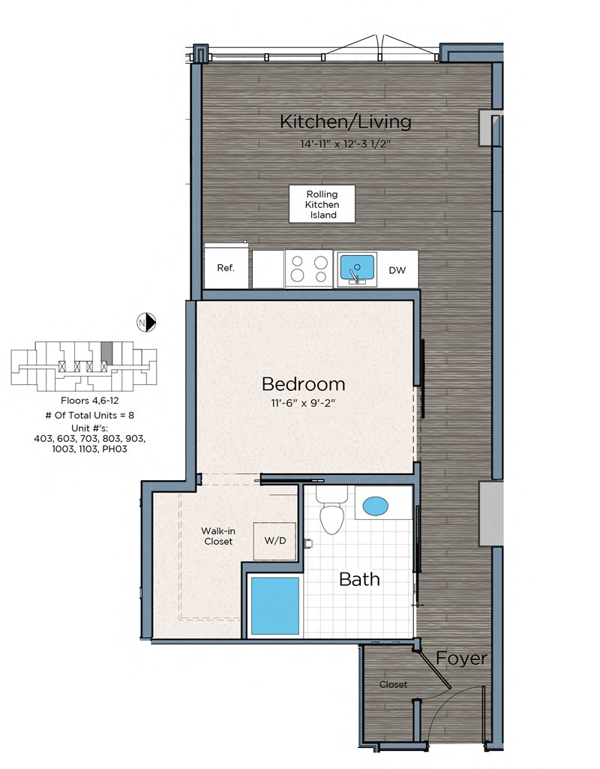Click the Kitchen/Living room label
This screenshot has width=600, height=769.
346,122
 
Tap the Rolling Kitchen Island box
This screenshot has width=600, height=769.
322,204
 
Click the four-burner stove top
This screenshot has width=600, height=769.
309,269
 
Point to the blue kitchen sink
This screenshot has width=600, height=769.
357,269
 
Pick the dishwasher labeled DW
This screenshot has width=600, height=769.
397,270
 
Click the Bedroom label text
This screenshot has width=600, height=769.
304,384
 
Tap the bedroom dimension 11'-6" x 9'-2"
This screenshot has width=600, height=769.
303,404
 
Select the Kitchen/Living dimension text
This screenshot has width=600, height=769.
346,144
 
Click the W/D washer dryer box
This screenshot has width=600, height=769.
274,541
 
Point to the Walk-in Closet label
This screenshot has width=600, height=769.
218,536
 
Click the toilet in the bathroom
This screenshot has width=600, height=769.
331,510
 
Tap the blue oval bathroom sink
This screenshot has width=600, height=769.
376,506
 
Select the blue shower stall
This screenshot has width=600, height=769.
275,605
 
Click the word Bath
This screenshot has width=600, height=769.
359,579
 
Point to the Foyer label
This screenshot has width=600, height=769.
461,658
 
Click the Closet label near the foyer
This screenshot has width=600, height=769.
393,684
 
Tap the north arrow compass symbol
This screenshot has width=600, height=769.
146,322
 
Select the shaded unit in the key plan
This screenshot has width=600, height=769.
106,353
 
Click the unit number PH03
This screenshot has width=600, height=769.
114,449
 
